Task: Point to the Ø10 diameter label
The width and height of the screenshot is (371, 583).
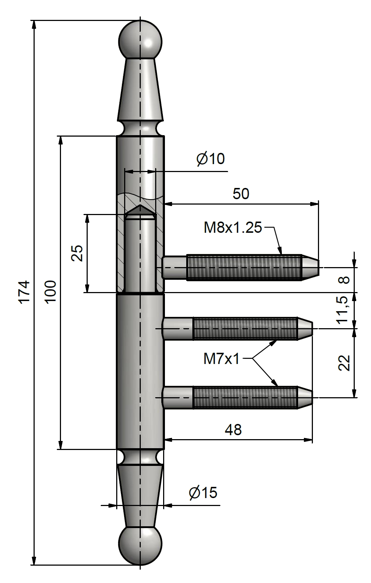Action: pos(210,159)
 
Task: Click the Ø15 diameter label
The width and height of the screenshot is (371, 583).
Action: pos(203,492)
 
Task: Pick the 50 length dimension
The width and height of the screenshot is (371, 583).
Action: pos(241,194)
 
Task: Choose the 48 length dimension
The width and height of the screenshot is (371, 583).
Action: pos(233,430)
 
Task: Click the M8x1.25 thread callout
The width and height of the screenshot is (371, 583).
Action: pos(232,228)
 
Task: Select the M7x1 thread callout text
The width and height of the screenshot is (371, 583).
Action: pos(221,359)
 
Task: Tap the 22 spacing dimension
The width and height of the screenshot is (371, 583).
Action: pos(345,363)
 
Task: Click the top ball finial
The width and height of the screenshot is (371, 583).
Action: pos(140,39)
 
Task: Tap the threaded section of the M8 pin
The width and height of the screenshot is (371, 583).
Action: pos(244,267)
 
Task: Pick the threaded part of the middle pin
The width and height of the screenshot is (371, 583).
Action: pos(245,329)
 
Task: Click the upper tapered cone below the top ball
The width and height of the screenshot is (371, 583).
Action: pos(140,90)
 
